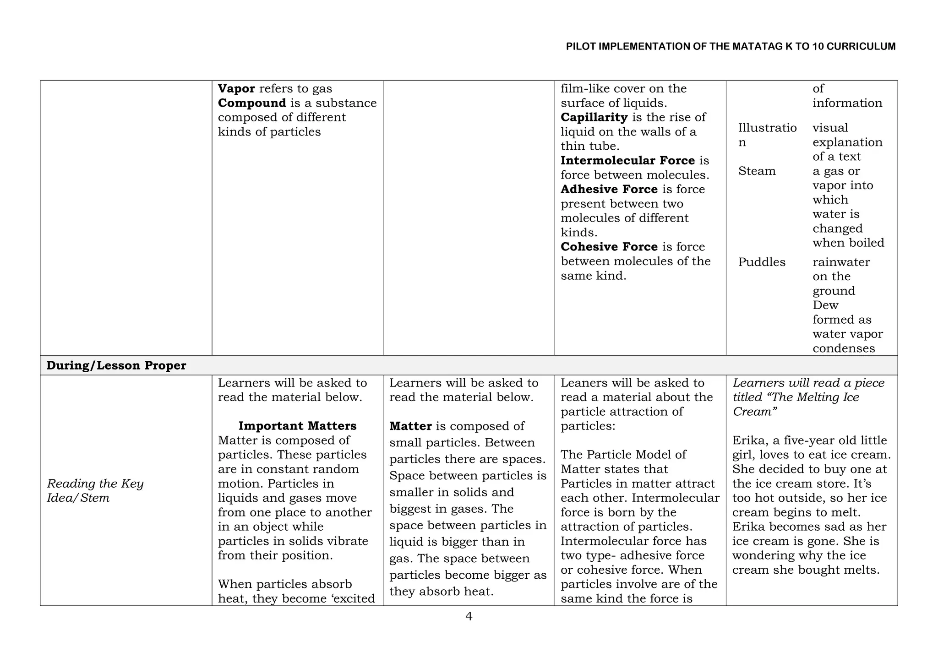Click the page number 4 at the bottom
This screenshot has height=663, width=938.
pyautogui.click(x=469, y=616)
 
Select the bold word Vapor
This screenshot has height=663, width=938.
pyautogui.click(x=236, y=88)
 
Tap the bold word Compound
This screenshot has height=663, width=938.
pyautogui.click(x=252, y=103)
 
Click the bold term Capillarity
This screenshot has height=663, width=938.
pyautogui.click(x=594, y=117)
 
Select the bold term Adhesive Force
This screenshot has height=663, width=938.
pyautogui.click(x=609, y=189)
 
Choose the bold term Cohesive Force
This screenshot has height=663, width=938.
pyautogui.click(x=609, y=247)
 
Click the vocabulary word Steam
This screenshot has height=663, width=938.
pyautogui.click(x=757, y=171)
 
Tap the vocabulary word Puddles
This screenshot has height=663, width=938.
pyautogui.click(x=761, y=262)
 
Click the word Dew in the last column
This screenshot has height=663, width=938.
pyautogui.click(x=825, y=305)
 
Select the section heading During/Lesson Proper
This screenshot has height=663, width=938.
pyautogui.click(x=116, y=365)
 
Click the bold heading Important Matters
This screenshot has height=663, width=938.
pyautogui.click(x=297, y=426)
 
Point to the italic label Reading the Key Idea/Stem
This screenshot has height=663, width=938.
pyautogui.click(x=95, y=490)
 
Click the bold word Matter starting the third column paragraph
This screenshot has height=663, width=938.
pyautogui.click(x=410, y=426)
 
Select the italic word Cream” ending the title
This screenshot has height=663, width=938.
pyautogui.click(x=754, y=412)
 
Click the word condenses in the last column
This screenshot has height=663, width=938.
pyautogui.click(x=844, y=348)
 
